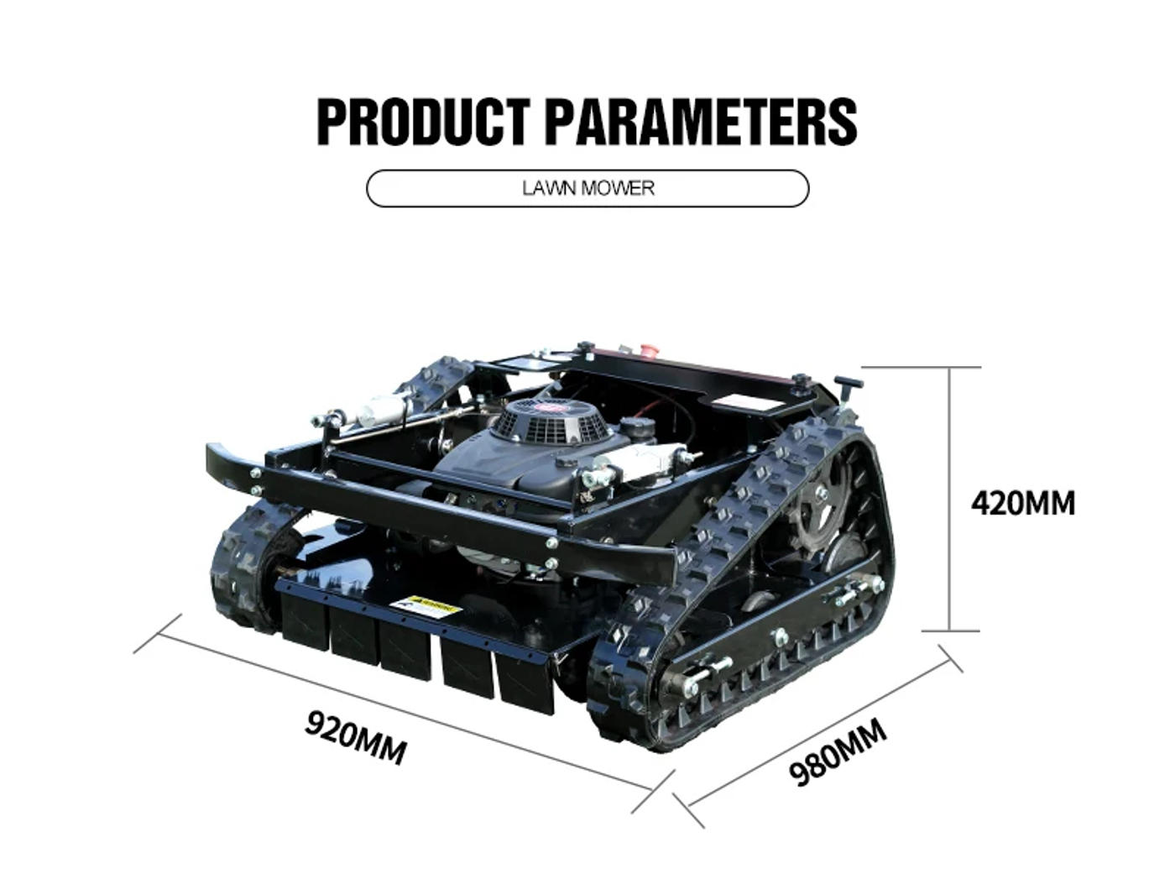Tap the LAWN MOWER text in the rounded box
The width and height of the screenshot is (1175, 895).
pyautogui.click(x=587, y=188)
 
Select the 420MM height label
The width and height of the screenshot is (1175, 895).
pyautogui.click(x=1022, y=504)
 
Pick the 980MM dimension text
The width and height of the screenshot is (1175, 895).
pyautogui.click(x=838, y=752)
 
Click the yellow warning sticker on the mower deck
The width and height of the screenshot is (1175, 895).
pyautogui.click(x=426, y=606)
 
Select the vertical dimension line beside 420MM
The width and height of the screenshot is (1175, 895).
pyautogui.click(x=948, y=499)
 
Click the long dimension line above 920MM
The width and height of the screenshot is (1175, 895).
pyautogui.click(x=405, y=712)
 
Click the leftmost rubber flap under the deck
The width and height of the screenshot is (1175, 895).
pyautogui.click(x=304, y=620)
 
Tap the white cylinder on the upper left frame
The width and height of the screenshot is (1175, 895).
pyautogui.click(x=384, y=410)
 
